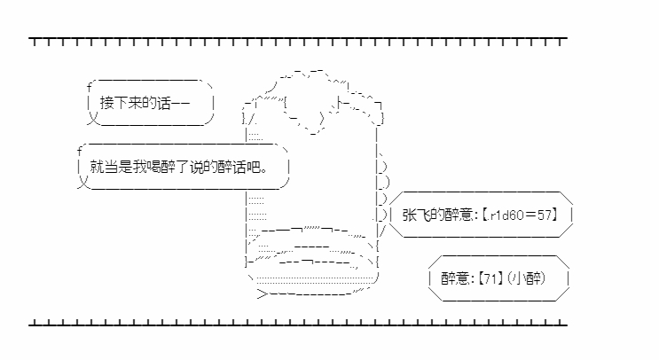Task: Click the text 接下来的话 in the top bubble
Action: click(136, 103)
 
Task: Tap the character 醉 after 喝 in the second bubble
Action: click(169, 167)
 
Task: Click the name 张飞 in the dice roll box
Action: click(417, 215)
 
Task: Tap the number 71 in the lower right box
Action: click(490, 278)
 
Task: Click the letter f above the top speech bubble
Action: click(89, 88)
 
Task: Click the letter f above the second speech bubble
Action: click(80, 152)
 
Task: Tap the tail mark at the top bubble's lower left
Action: click(93, 120)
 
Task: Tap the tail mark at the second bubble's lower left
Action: click(83, 183)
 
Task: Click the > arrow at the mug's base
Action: click(263, 293)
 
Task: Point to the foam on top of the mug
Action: click(313, 101)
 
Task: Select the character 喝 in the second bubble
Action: click(153, 167)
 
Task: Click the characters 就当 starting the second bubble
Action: click(104, 167)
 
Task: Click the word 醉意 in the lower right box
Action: click(454, 278)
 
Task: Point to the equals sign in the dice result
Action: click(530, 215)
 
